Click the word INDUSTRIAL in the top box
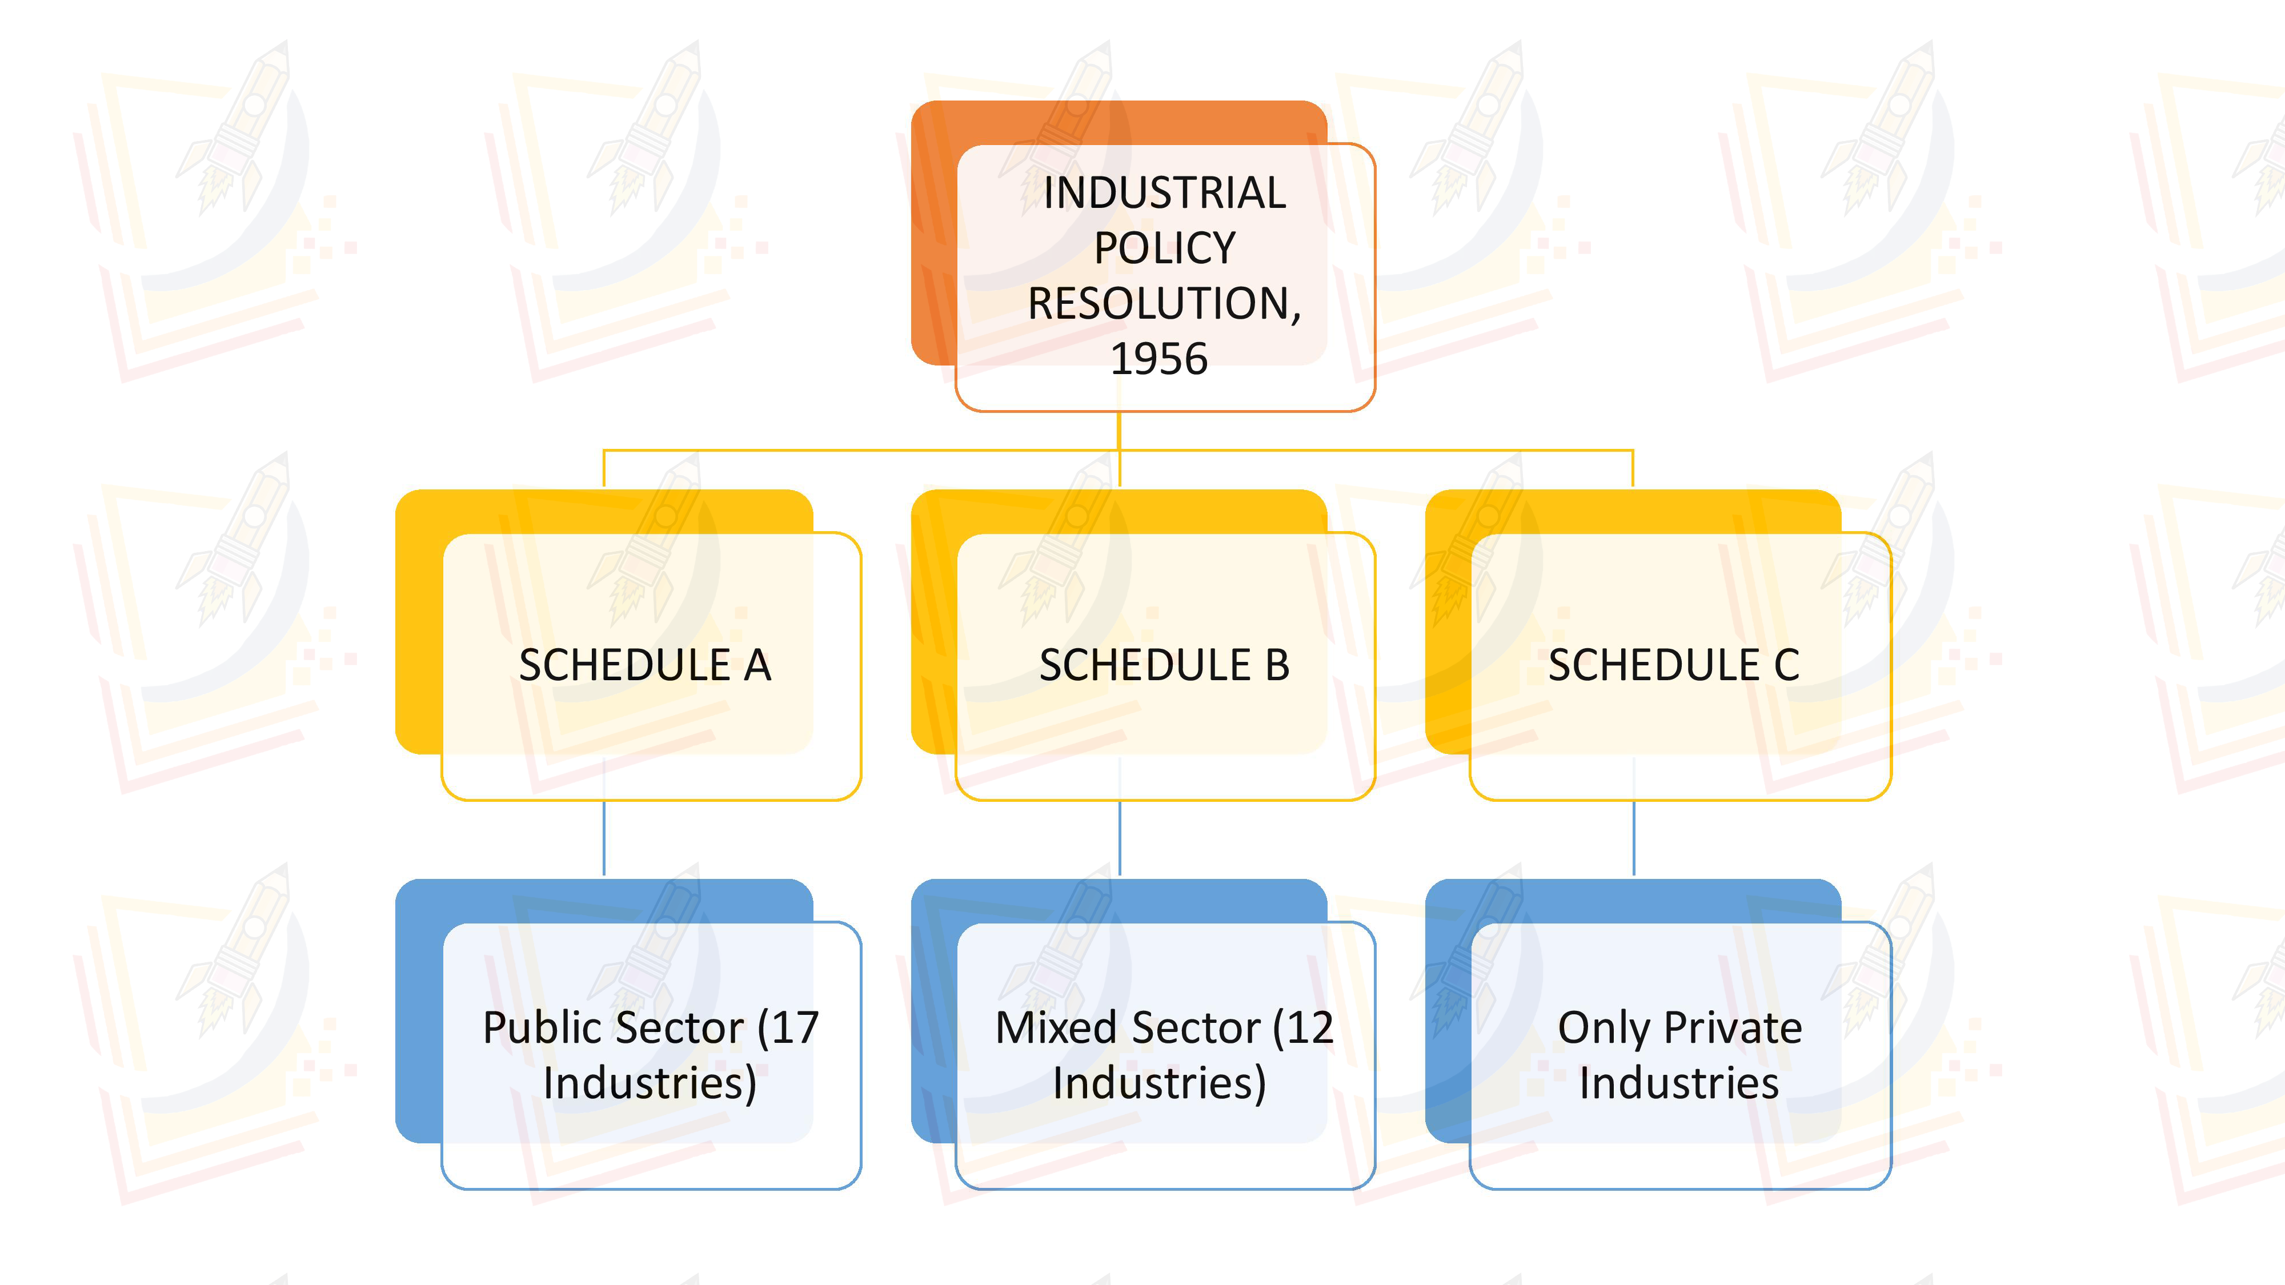pyautogui.click(x=1164, y=194)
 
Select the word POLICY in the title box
pyautogui.click(x=1164, y=248)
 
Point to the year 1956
pyautogui.click(x=1160, y=359)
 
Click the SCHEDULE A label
pyautogui.click(x=645, y=665)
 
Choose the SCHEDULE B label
pyautogui.click(x=1164, y=665)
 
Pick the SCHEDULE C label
pyautogui.click(x=1674, y=665)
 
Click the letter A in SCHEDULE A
pyautogui.click(x=757, y=665)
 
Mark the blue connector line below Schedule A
pyautogui.click(x=604, y=838)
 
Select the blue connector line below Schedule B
pyautogui.click(x=1120, y=838)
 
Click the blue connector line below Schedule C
pyautogui.click(x=1634, y=838)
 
